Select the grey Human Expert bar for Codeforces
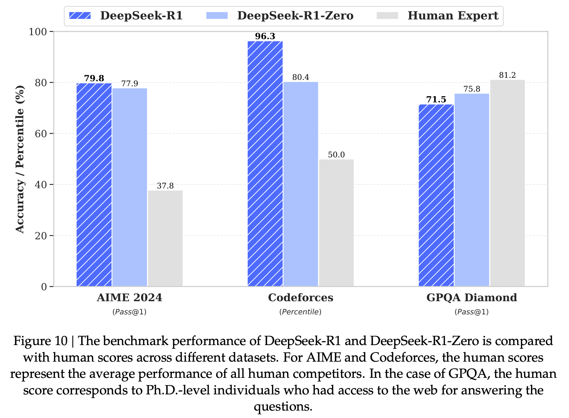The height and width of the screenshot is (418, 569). click(336, 223)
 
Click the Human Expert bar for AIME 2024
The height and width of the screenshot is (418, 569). click(165, 238)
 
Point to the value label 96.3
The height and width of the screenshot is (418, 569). click(265, 36)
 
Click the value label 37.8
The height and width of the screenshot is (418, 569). click(165, 186)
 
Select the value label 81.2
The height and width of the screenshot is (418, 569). click(507, 75)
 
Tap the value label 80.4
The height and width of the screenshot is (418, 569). click(300, 77)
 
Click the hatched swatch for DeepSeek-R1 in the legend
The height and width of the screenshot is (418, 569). click(80, 16)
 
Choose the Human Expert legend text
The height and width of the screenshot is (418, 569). click(453, 16)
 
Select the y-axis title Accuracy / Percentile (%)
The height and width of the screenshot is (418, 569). click(20, 159)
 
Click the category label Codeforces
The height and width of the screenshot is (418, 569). click(300, 297)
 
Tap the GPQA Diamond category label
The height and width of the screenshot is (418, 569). click(472, 297)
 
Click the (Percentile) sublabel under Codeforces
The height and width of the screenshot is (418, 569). click(300, 312)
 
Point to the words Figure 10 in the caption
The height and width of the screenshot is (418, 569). click(40, 341)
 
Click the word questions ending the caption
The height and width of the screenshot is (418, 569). click(283, 406)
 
